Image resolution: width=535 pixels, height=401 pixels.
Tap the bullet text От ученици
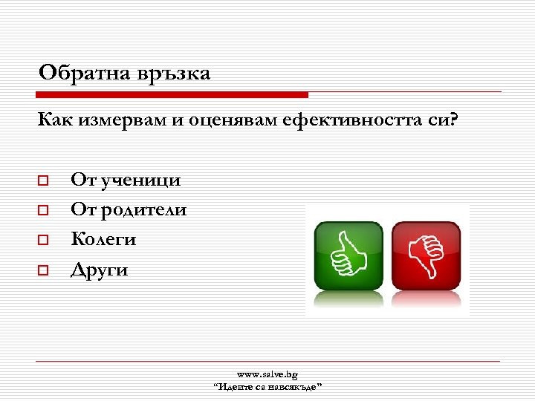[126, 180]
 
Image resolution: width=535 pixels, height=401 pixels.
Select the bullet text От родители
[129, 210]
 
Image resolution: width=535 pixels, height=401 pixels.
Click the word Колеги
[103, 239]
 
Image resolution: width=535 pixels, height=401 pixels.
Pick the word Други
[99, 270]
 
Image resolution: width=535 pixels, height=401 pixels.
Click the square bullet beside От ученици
[43, 180]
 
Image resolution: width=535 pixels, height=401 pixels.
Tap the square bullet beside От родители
[43, 211]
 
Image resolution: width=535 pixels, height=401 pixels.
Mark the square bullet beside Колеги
[43, 241]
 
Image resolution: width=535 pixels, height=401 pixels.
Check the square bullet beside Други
[43, 271]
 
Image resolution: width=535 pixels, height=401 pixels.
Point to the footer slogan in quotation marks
[267, 387]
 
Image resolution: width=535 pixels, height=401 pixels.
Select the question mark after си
[455, 120]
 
